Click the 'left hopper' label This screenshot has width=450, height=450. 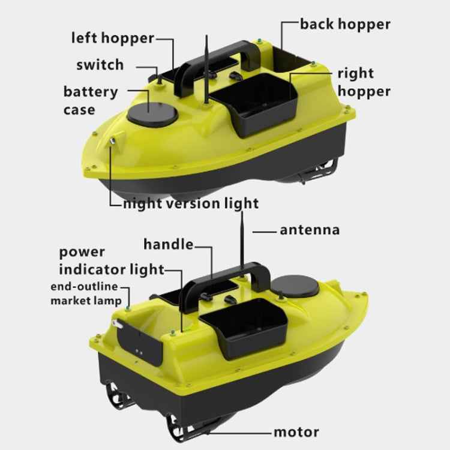pos(112,38)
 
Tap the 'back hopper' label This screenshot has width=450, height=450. pos(345,24)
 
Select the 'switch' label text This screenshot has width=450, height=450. pos(100,65)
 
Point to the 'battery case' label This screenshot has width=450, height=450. pos(91,101)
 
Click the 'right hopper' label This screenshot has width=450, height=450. pos(364,82)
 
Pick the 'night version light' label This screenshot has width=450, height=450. pos(191,203)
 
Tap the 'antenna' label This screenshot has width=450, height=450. pos(310,229)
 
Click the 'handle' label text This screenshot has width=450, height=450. pos(168,244)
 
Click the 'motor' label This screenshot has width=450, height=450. pos(296,431)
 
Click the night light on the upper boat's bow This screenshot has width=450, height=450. pos(112,141)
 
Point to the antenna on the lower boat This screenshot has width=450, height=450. pos(241,240)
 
